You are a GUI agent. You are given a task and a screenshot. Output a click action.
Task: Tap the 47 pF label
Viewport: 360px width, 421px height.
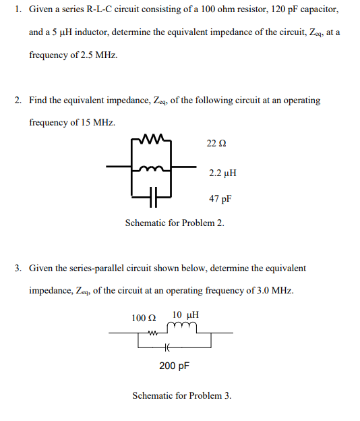pyautogui.click(x=220, y=200)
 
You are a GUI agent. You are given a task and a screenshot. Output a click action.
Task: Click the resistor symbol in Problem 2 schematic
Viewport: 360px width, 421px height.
pyautogui.click(x=155, y=141)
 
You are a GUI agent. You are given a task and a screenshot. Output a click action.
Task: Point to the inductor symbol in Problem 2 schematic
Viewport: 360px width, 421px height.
pyautogui.click(x=155, y=168)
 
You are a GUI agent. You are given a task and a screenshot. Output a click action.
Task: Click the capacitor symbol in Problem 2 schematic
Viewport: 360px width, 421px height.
pyautogui.click(x=155, y=199)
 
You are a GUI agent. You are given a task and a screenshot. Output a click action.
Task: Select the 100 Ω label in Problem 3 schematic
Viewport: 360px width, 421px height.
pyautogui.click(x=144, y=317)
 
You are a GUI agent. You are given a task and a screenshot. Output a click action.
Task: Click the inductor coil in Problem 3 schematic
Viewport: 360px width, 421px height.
pyautogui.click(x=183, y=329)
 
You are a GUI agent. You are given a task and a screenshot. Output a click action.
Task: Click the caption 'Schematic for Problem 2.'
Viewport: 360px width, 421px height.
pyautogui.click(x=175, y=223)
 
